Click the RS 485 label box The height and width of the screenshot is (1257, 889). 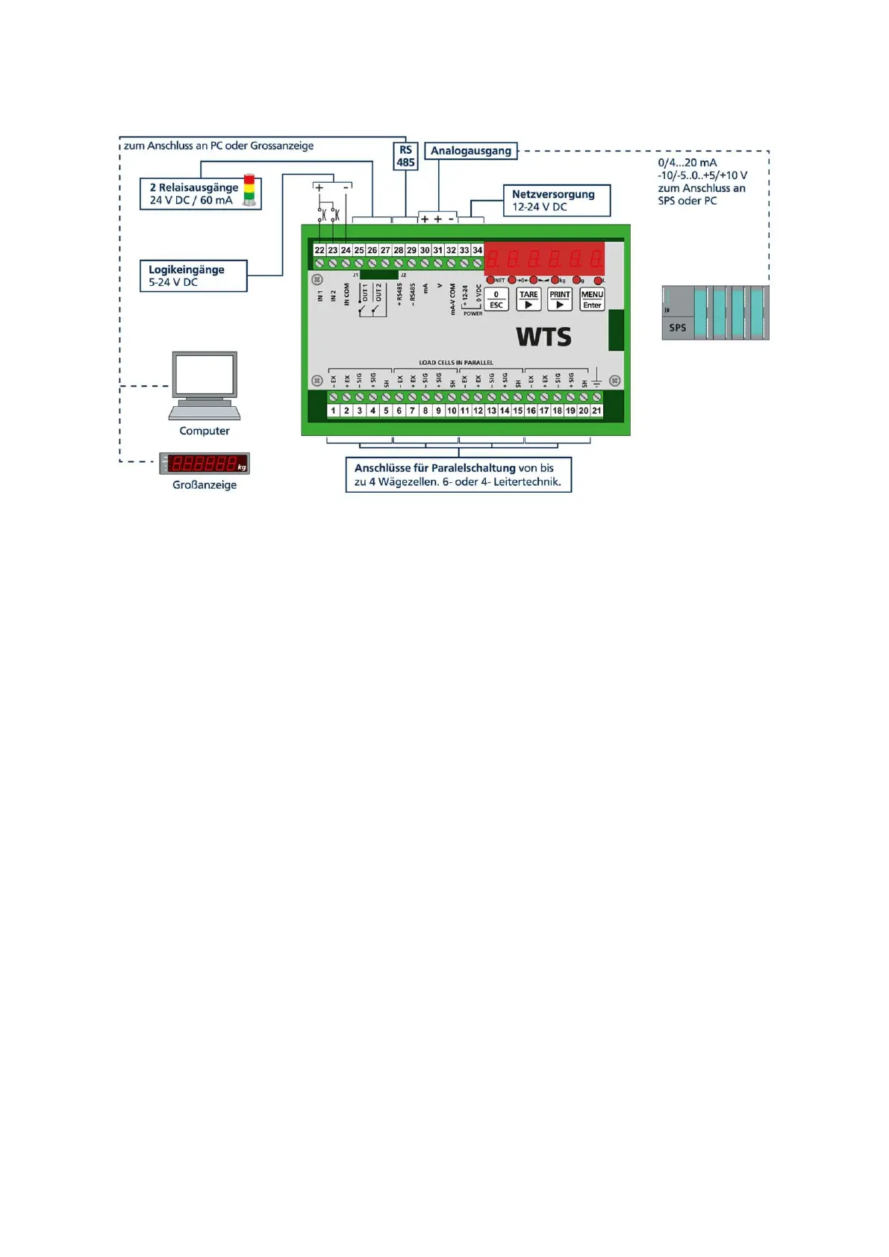(405, 156)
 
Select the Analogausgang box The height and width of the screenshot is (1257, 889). (471, 151)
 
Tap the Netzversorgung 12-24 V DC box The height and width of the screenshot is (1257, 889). (556, 200)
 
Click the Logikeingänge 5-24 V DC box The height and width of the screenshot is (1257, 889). (193, 275)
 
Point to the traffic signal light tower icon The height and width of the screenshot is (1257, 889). (250, 191)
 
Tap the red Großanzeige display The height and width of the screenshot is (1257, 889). (205, 464)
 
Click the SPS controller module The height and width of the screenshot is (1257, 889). (714, 313)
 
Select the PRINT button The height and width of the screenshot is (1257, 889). (560, 299)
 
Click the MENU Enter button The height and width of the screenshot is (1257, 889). (592, 299)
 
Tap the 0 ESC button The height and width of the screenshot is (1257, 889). (496, 299)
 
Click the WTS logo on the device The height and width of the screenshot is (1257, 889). (543, 337)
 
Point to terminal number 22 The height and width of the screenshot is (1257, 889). (319, 250)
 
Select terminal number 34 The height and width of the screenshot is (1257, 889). (478, 250)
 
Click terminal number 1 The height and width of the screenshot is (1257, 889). (334, 411)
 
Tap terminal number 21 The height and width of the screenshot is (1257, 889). (596, 411)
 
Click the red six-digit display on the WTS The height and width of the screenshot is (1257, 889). (544, 259)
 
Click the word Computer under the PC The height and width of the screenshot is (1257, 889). (205, 431)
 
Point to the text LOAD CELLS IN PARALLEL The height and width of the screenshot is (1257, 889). (455, 363)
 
